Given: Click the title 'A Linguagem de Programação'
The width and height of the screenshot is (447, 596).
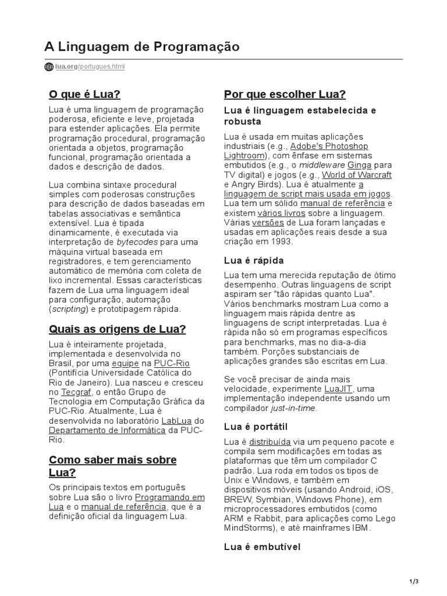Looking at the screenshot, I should point(142,47).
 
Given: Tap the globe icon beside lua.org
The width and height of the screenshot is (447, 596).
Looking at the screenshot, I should point(49,67).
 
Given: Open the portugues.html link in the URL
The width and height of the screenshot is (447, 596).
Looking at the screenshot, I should point(102,67).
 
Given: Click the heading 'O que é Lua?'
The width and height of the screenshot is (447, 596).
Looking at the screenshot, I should point(84,94).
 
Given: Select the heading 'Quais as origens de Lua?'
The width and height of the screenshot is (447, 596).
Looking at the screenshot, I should point(117,329).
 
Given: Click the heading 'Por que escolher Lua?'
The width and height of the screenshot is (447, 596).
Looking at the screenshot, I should point(285,94).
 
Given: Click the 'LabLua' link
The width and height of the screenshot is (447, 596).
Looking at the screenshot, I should point(176,421).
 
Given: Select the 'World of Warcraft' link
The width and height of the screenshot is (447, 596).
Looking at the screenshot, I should point(357,175).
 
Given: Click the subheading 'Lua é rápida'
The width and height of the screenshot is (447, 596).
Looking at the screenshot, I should point(254,260).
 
